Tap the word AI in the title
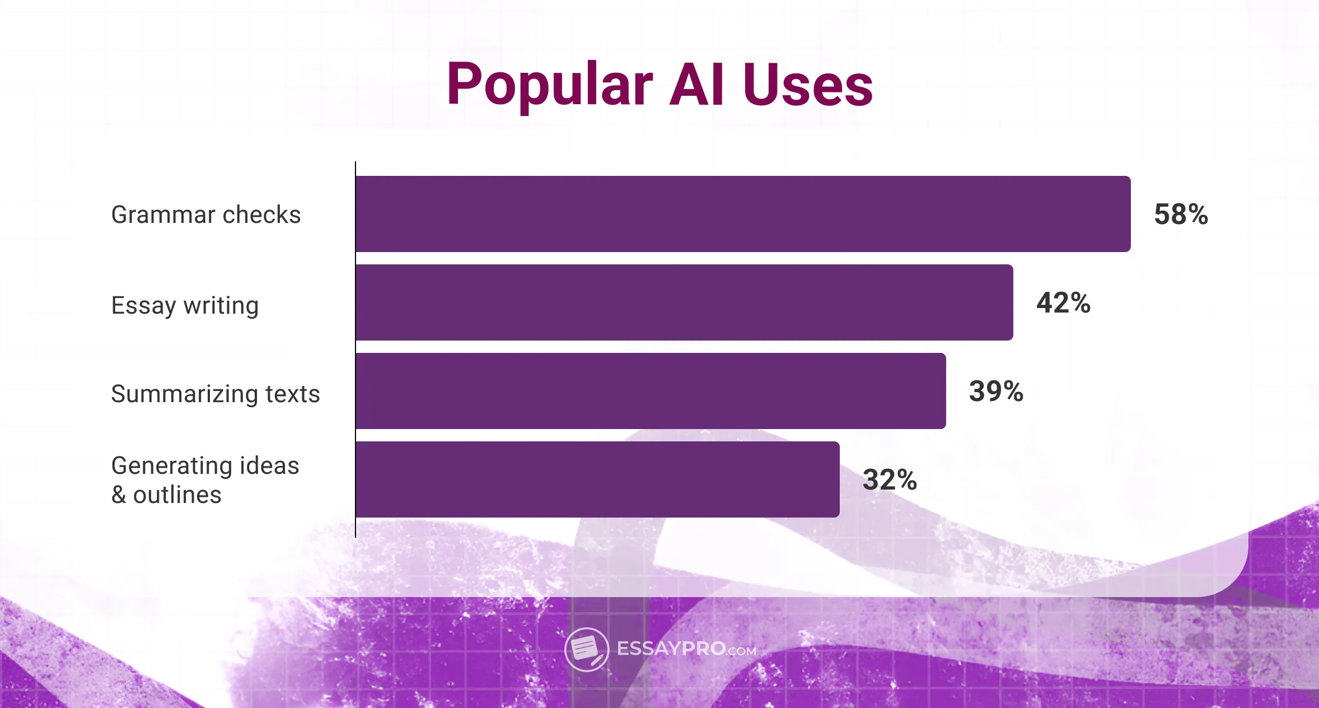(x=696, y=85)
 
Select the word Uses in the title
(x=807, y=85)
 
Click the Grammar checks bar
(x=743, y=214)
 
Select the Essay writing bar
(x=684, y=302)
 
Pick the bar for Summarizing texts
(x=651, y=391)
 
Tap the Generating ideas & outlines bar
(x=597, y=479)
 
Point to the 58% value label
(x=1181, y=214)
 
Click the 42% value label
(x=1063, y=302)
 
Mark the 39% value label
(x=996, y=391)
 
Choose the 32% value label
(x=890, y=479)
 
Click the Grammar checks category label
(x=206, y=215)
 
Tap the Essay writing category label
(x=185, y=306)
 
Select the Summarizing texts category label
(x=216, y=394)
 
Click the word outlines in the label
(x=177, y=495)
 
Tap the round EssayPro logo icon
(x=586, y=649)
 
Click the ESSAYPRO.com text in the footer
(x=686, y=649)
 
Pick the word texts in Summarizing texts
(x=292, y=394)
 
